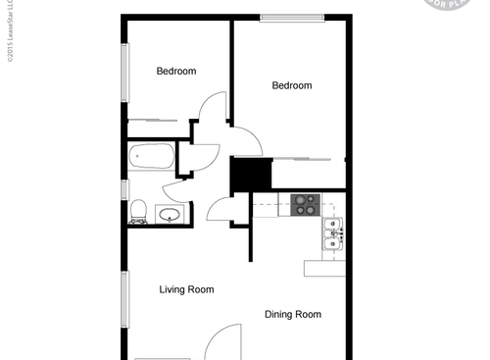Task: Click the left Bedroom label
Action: click(176, 71)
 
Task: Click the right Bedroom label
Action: click(291, 85)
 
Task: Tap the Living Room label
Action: click(186, 289)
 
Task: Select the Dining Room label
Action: click(293, 315)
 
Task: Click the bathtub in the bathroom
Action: click(151, 155)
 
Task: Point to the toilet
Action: click(138, 213)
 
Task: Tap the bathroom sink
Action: click(169, 214)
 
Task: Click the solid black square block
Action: click(249, 175)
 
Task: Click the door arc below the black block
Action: click(220, 207)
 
